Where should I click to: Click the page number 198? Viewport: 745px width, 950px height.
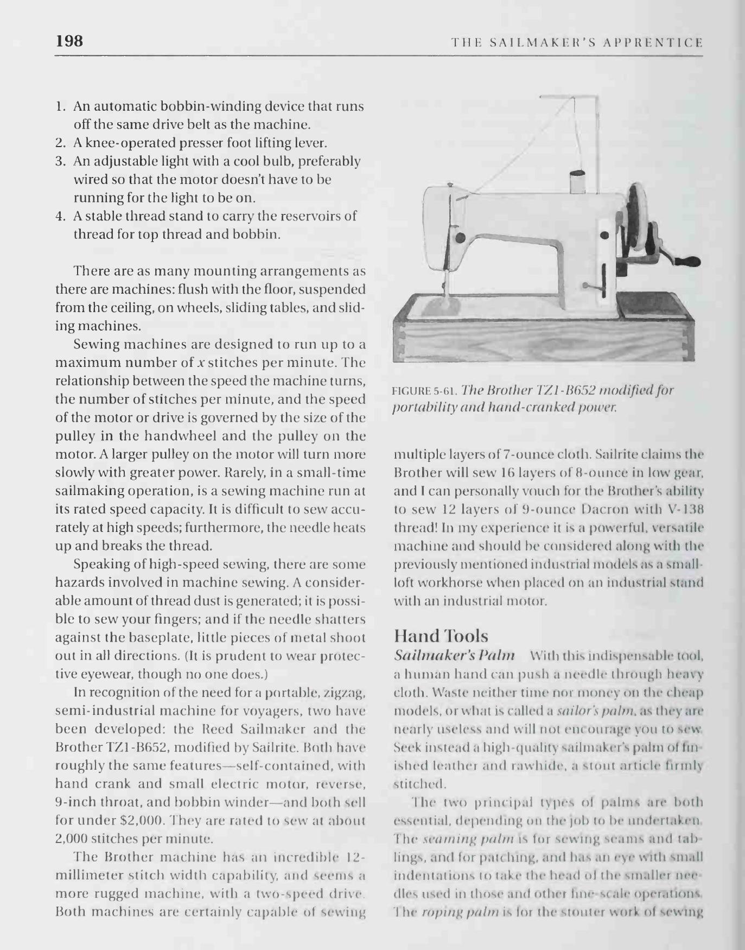[69, 41]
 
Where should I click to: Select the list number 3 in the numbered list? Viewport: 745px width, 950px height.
[60, 161]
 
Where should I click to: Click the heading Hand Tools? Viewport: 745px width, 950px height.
[441, 636]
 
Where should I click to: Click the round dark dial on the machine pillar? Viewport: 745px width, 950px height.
[605, 235]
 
